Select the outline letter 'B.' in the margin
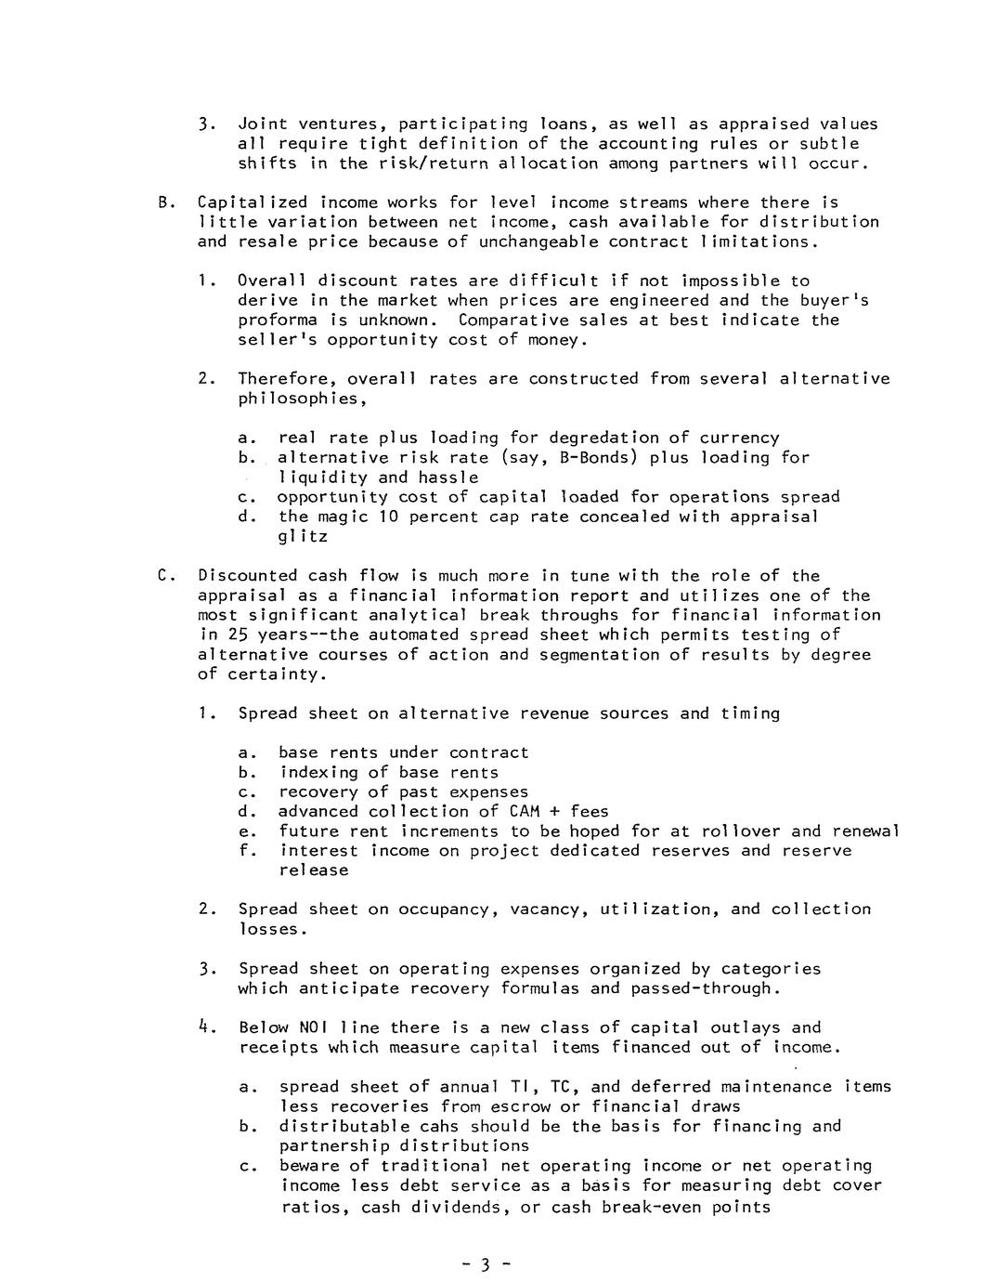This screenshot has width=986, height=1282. click(x=166, y=203)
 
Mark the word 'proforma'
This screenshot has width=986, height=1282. click(x=278, y=320)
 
